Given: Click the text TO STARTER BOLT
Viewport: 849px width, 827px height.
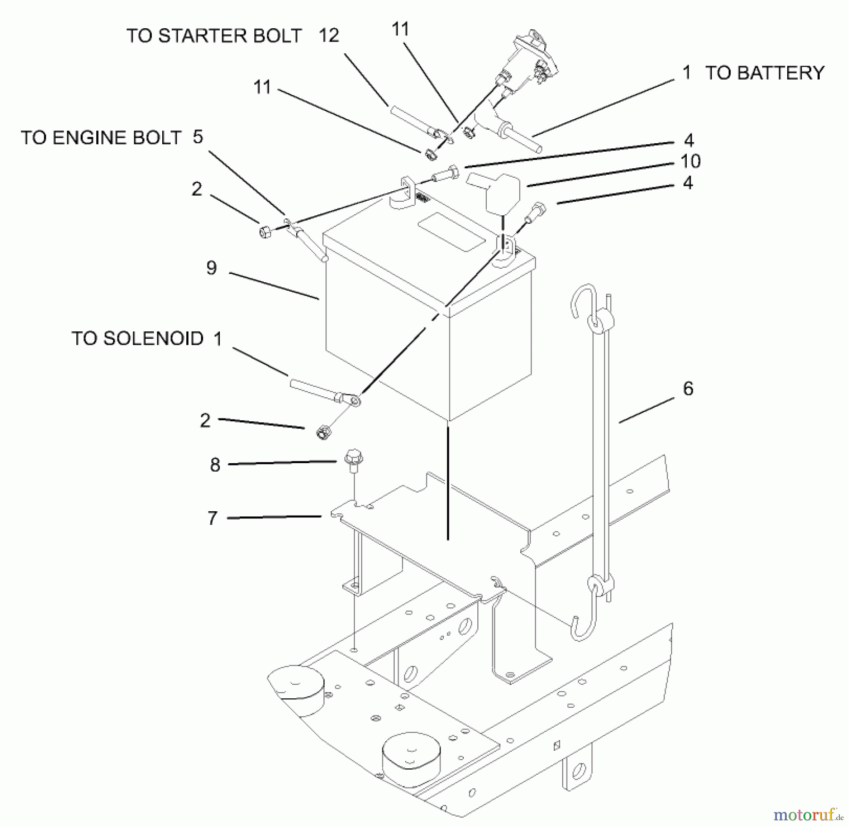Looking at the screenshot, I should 214,36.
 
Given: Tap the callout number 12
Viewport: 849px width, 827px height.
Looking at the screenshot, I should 329,36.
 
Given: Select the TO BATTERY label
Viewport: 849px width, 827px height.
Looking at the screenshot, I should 765,73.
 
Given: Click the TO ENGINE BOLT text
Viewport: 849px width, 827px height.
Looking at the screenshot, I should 101,138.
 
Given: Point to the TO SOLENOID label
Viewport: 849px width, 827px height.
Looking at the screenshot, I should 137,338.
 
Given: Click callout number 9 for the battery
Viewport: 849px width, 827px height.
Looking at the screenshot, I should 212,268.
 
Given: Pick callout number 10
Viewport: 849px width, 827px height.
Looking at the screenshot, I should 691,162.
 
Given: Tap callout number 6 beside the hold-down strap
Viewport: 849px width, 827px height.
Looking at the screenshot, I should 688,389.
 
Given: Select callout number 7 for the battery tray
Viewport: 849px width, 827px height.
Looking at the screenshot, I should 213,518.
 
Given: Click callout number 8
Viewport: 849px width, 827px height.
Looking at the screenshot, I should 215,465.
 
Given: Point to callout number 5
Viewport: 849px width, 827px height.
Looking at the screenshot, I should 198,137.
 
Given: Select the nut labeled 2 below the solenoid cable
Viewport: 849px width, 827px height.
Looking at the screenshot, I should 322,432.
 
